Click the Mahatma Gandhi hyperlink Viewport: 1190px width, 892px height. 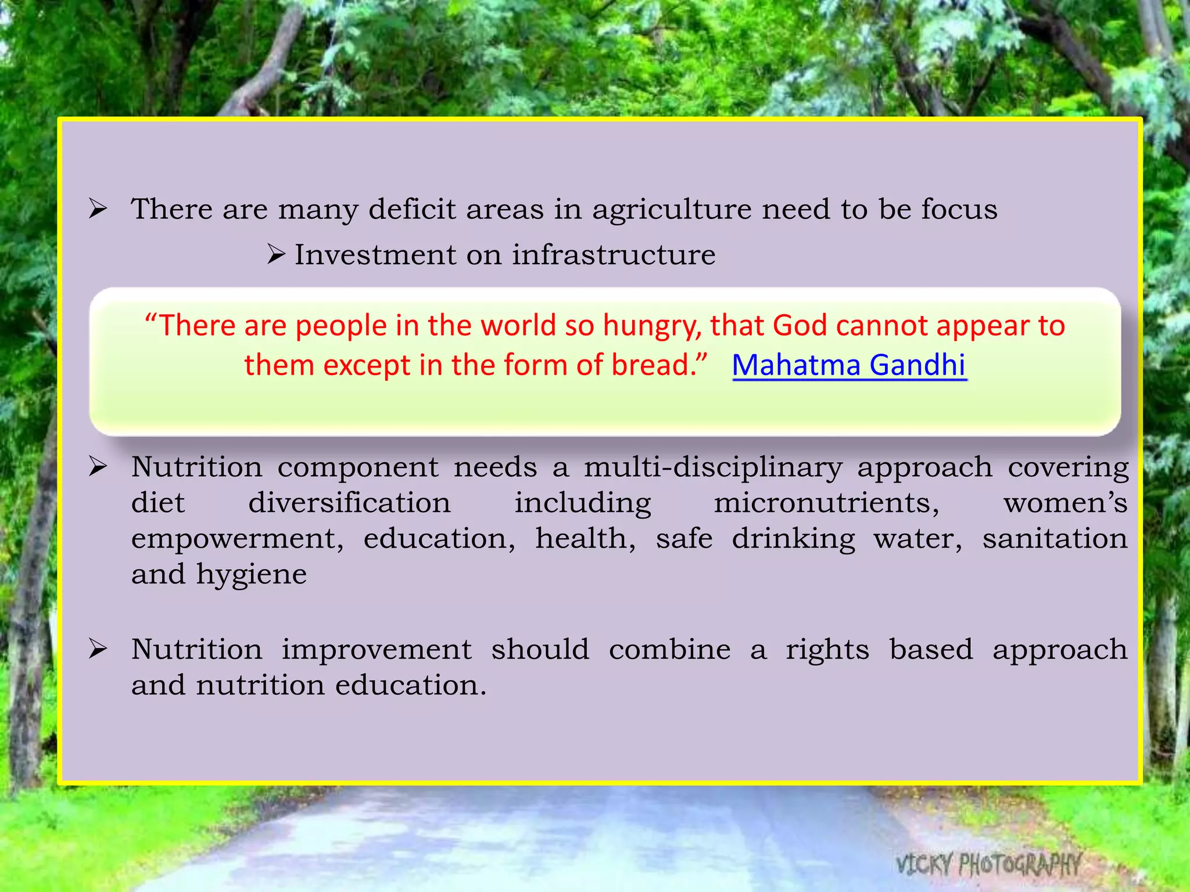click(849, 365)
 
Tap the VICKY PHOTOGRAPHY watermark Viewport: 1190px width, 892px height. click(988, 864)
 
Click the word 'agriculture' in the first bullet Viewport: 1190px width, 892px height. click(672, 209)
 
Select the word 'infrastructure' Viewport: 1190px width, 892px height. click(614, 255)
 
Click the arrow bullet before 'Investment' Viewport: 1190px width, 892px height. click(276, 254)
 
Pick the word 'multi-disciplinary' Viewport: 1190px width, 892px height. click(713, 468)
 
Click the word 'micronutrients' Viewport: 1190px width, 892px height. click(826, 503)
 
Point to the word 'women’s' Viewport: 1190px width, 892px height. click(1065, 503)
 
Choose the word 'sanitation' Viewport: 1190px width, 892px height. click(1055, 538)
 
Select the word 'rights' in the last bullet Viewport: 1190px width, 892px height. click(827, 650)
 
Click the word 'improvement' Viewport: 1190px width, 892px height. click(377, 650)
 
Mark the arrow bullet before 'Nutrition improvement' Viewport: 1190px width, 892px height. click(98, 649)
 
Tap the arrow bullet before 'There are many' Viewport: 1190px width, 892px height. click(98, 208)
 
